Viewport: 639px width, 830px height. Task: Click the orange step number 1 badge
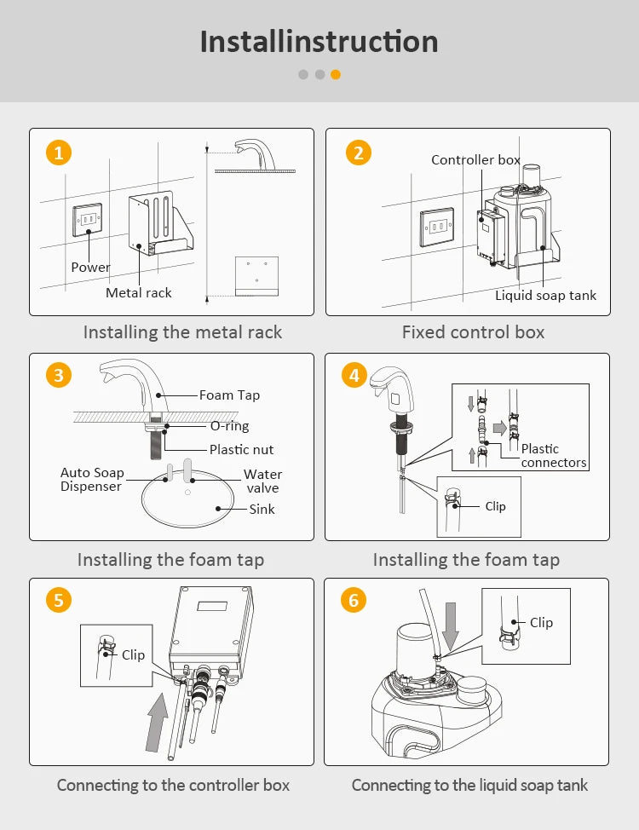click(58, 153)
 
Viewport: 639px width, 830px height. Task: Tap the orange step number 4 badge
click(354, 375)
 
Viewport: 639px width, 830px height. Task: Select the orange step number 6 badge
click(354, 600)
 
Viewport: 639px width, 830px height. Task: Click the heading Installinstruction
click(319, 41)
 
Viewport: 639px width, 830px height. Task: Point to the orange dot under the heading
click(336, 74)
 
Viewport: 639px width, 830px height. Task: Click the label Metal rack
click(139, 292)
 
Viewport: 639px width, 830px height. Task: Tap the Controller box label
click(475, 159)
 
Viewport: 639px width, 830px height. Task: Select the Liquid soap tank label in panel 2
click(546, 295)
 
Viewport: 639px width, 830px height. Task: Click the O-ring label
click(230, 426)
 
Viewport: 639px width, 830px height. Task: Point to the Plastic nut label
click(242, 449)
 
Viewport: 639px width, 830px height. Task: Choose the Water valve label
click(262, 481)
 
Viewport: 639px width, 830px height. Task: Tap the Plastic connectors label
click(554, 455)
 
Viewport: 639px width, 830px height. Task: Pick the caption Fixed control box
click(473, 332)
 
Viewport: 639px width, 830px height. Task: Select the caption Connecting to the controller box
click(173, 785)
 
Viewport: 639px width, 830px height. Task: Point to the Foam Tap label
click(229, 395)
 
